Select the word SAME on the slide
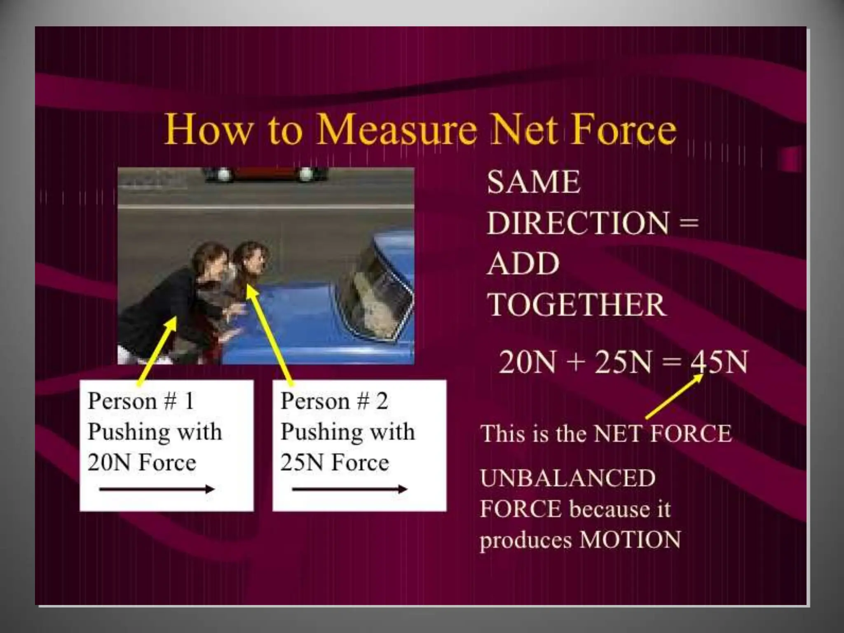534,182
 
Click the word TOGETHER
576,305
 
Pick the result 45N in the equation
719,362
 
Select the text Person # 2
334,401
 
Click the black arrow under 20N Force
157,490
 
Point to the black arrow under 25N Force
349,490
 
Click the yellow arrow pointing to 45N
674,396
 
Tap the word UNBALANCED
567,478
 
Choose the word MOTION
630,539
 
